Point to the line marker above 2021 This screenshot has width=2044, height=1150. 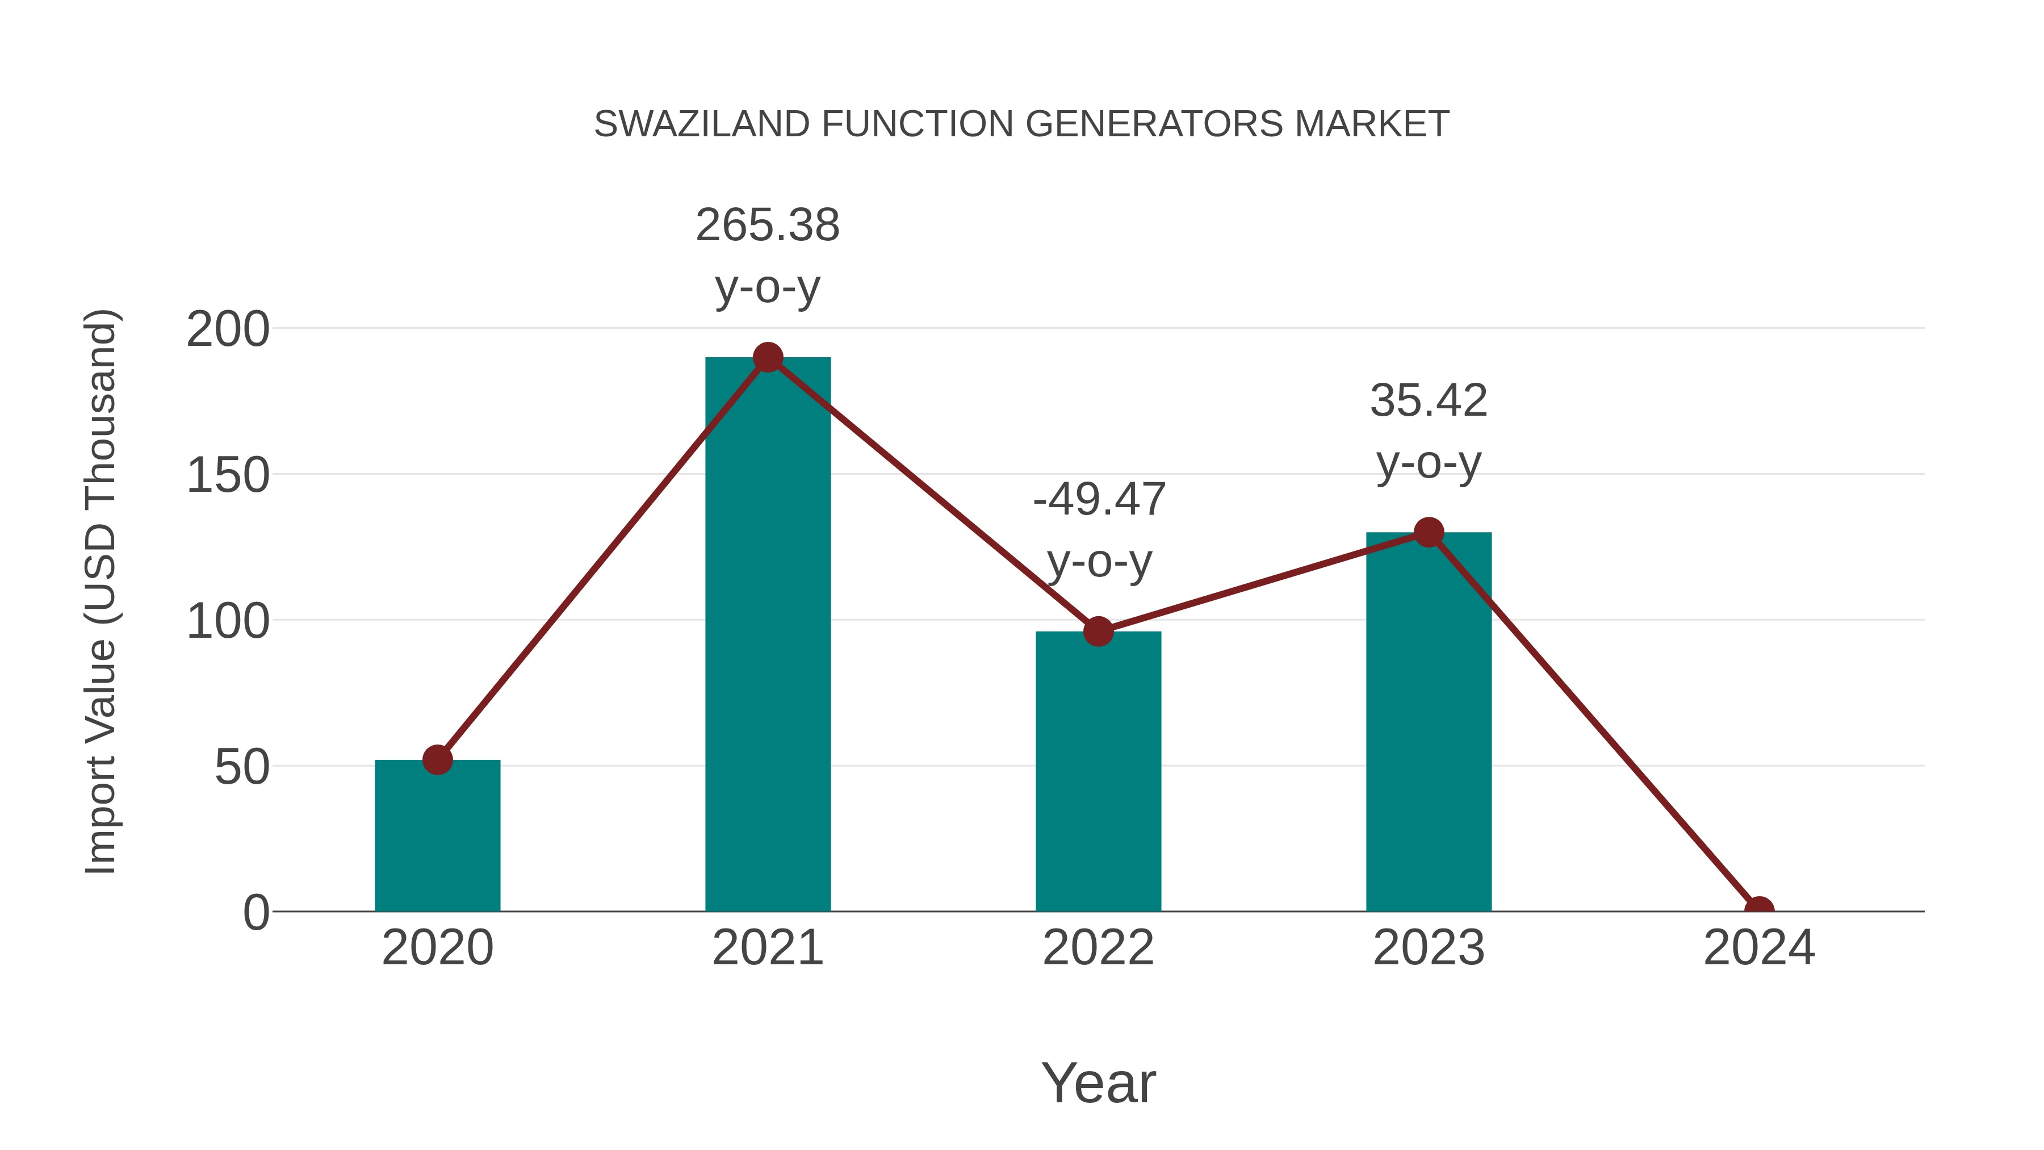(x=767, y=358)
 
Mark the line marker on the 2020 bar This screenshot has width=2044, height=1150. (x=437, y=759)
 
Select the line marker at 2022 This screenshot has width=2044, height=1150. (x=1098, y=632)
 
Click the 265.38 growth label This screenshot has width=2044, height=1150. (x=767, y=225)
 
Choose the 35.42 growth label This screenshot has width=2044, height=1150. (x=1429, y=401)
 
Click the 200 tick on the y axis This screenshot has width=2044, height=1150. (x=228, y=330)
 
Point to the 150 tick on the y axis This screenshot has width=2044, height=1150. (x=228, y=476)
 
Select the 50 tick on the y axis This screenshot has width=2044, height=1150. (x=242, y=767)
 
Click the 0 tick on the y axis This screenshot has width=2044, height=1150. (x=256, y=913)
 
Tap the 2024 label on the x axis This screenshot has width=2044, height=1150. (x=1758, y=948)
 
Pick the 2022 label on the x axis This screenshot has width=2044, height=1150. (x=1098, y=948)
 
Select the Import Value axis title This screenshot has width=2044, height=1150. (x=102, y=591)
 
